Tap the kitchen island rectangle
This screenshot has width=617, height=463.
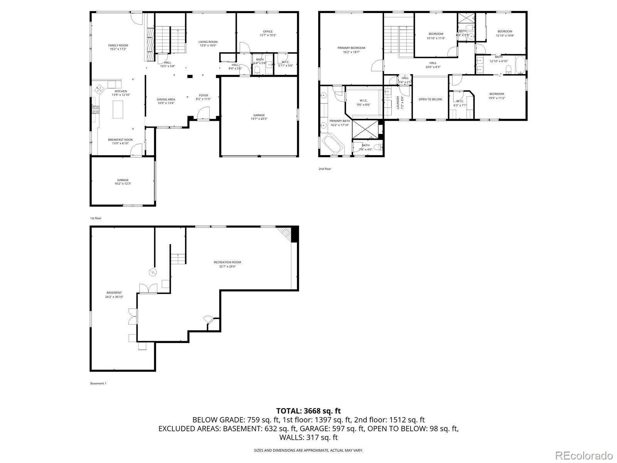(x=119, y=109)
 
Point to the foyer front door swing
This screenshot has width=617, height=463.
(x=203, y=113)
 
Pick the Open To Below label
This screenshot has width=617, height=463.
(x=430, y=100)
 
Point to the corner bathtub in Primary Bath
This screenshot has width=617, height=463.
(x=333, y=144)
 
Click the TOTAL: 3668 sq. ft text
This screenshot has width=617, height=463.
(x=308, y=411)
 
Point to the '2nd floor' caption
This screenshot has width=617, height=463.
(x=324, y=169)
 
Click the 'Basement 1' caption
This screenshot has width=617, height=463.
(x=98, y=384)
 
